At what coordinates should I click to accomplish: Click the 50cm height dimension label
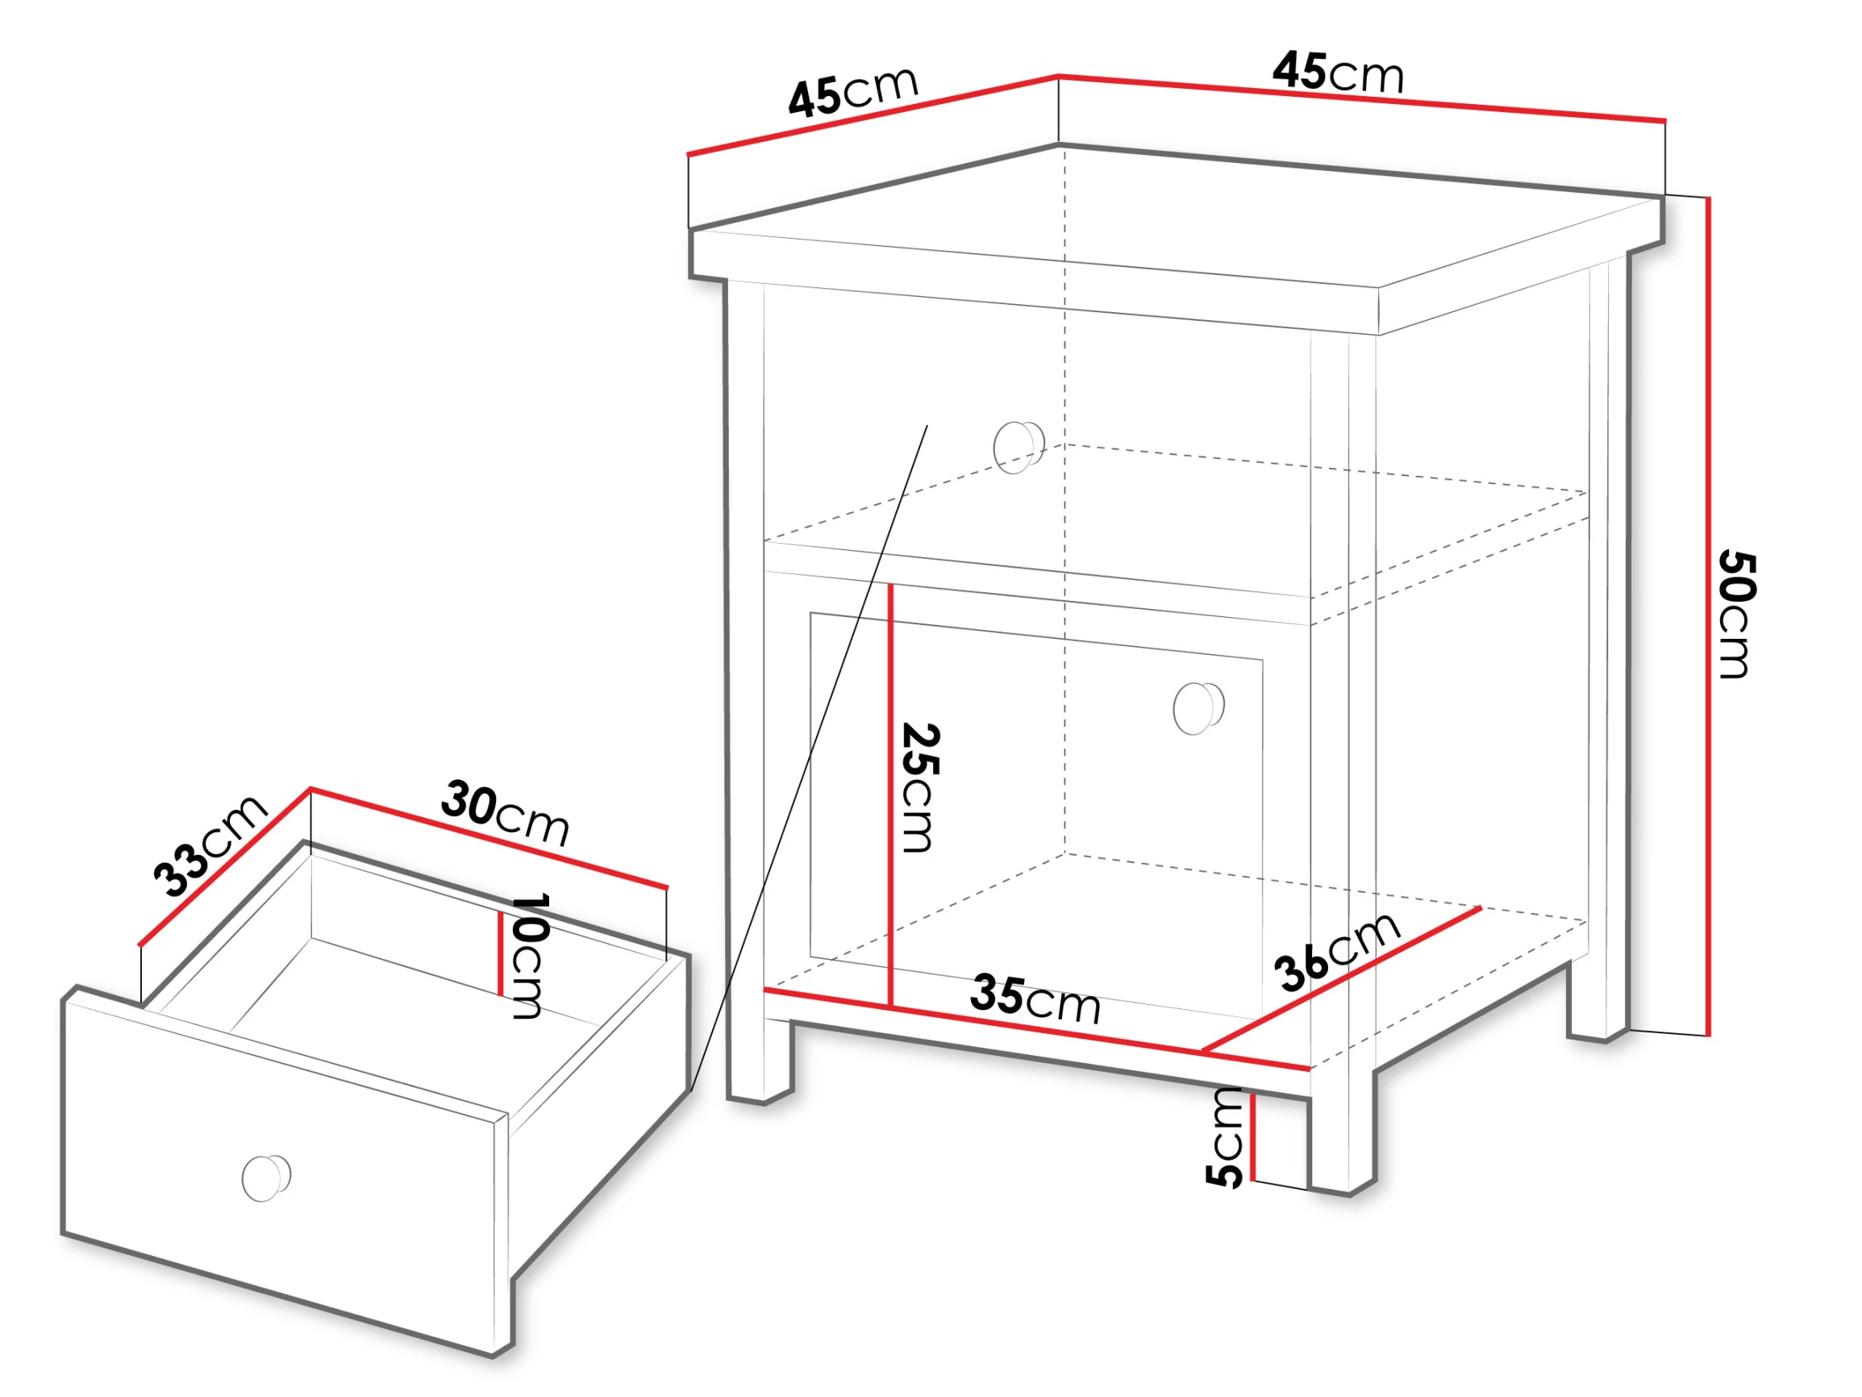click(1735, 615)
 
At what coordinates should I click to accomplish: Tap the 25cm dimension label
click(919, 787)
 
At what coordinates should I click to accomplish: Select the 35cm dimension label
click(1035, 999)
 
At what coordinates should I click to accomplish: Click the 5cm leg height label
click(1226, 1136)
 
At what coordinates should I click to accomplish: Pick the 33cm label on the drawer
click(210, 845)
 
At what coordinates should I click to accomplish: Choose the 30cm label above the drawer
click(505, 811)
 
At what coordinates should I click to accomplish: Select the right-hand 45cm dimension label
click(1339, 72)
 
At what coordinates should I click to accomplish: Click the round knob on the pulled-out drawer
click(266, 1178)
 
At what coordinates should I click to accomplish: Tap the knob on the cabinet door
click(1198, 707)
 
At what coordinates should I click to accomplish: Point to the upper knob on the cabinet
click(1018, 446)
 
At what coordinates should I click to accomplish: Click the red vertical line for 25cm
click(889, 796)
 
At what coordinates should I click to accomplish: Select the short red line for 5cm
click(1252, 1136)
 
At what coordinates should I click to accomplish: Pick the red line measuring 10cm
click(500, 954)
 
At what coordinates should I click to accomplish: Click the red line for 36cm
click(1341, 979)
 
